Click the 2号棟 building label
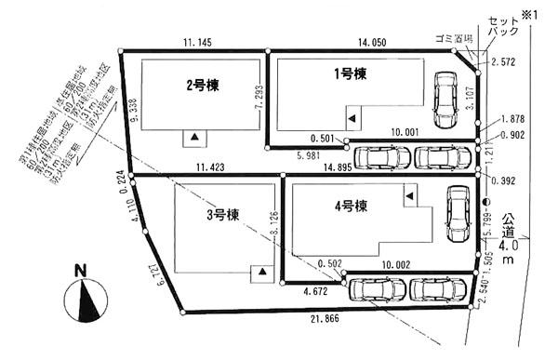pos(202,86)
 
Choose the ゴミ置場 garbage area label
pos(455,39)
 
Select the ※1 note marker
pos(542,10)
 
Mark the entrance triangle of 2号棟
pos(194,138)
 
